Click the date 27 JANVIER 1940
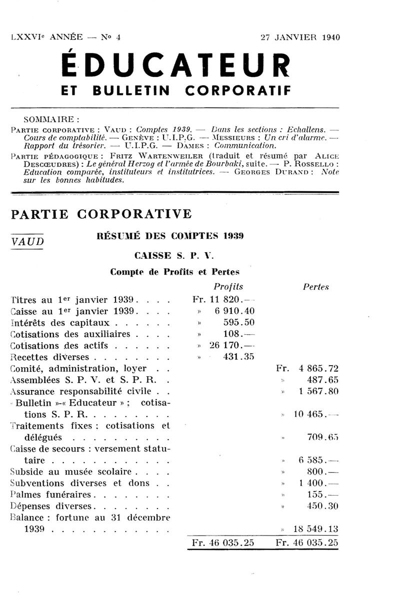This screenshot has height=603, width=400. [299, 37]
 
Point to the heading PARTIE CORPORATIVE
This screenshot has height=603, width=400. [101, 214]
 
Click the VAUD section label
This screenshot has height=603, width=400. [27, 241]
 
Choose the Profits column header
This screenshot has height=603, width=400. [228, 287]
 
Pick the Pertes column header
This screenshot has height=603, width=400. [316, 287]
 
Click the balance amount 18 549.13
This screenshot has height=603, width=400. [315, 529]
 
